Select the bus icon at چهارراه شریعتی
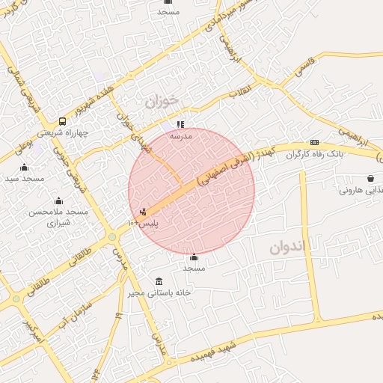point(62,121)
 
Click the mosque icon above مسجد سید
point(25,167)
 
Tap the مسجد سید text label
point(25,179)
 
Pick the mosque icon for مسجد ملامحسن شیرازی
point(58,200)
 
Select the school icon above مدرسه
point(180,124)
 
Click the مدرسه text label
point(180,136)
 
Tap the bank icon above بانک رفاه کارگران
point(314,142)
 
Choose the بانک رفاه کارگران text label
point(315,153)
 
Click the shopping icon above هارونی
point(370,178)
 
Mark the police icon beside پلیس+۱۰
point(143,212)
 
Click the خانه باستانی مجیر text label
point(180,292)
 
